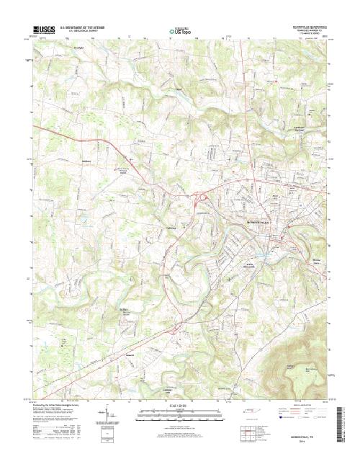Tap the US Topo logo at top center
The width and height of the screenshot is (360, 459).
(x=179, y=32)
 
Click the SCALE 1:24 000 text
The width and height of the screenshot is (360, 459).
(x=179, y=406)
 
